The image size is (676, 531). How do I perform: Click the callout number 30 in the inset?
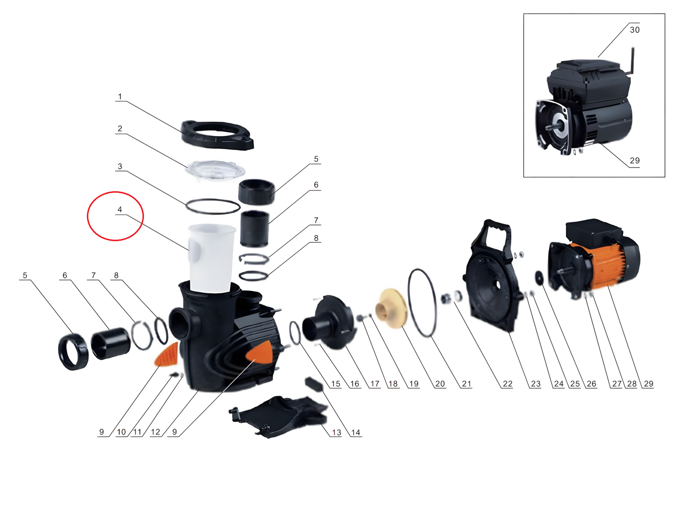point(635,30)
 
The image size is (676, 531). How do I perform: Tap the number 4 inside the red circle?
point(120,209)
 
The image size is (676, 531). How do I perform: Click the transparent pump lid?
point(215,169)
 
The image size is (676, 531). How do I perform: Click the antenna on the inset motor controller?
point(630,61)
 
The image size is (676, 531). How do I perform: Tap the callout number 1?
point(120,96)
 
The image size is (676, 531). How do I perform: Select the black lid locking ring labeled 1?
point(217,135)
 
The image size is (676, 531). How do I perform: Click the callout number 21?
point(466,384)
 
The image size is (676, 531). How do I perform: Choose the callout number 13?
point(337,432)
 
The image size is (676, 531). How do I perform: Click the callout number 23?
point(535,384)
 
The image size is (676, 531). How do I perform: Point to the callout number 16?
point(355,384)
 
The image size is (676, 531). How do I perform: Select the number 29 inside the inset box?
point(635,160)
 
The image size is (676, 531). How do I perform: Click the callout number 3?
point(120,167)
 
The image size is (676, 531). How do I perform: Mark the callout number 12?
point(155,432)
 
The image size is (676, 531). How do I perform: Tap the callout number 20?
point(440,384)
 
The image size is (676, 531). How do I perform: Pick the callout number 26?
point(591,384)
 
